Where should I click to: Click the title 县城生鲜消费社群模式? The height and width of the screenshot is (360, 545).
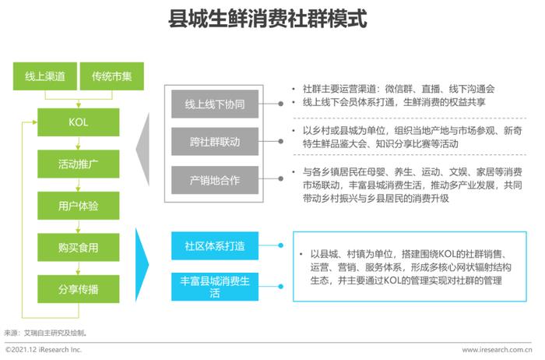(x=268, y=19)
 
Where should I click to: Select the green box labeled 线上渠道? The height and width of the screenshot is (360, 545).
(x=45, y=76)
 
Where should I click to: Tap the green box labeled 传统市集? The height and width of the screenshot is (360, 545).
(x=112, y=76)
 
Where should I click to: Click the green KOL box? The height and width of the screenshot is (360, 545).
(x=79, y=122)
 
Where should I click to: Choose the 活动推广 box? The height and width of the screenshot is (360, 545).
(x=79, y=164)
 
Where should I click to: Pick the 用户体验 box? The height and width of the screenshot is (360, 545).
(x=79, y=206)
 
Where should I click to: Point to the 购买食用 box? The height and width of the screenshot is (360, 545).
(x=79, y=247)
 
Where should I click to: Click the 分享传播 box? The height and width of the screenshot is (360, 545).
(x=79, y=289)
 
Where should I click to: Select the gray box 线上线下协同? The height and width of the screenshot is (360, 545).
(x=215, y=104)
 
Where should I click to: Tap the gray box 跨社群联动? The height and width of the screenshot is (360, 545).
(x=215, y=142)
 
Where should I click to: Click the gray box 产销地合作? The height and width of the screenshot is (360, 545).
(x=215, y=180)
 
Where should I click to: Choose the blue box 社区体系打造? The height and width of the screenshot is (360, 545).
(x=215, y=245)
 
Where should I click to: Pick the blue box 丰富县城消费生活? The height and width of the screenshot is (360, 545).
(x=215, y=287)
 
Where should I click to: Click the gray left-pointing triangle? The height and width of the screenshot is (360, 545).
(x=142, y=150)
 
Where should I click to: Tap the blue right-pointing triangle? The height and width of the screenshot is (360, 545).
(x=142, y=265)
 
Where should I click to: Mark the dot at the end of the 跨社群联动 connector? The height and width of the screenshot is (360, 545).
(x=280, y=141)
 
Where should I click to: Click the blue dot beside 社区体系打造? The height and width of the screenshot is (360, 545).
(x=280, y=245)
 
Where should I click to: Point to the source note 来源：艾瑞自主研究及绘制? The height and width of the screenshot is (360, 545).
(x=45, y=333)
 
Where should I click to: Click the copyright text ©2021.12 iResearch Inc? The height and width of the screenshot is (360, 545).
(x=44, y=350)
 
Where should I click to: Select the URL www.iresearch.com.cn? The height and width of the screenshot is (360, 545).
(x=497, y=350)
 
